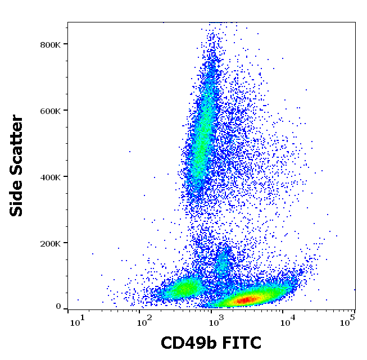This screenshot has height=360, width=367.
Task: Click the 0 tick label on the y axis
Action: pyautogui.click(x=58, y=307)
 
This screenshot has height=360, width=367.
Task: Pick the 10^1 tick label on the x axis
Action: pyautogui.click(x=76, y=320)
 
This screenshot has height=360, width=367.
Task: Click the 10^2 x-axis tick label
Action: pyautogui.click(x=145, y=320)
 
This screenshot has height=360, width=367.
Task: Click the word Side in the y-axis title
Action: pyautogui.click(x=17, y=198)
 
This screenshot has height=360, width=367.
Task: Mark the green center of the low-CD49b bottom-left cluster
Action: pyautogui.click(x=183, y=289)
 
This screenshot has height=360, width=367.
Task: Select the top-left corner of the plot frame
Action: pyautogui.click(x=67, y=22)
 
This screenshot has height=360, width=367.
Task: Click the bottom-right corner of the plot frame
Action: pyautogui.click(x=355, y=309)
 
